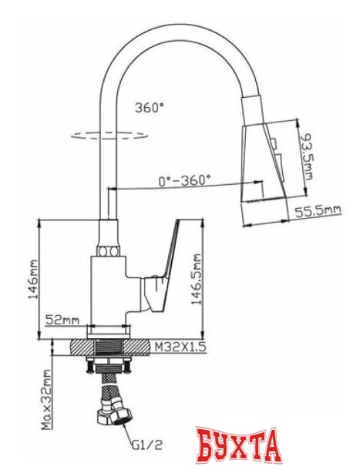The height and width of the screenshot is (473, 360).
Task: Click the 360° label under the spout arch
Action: [x=149, y=108]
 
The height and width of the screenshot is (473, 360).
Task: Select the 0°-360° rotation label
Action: [x=184, y=181]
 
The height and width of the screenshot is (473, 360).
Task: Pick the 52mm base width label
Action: [x=63, y=320]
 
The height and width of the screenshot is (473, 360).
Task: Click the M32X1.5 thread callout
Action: [x=181, y=347]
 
